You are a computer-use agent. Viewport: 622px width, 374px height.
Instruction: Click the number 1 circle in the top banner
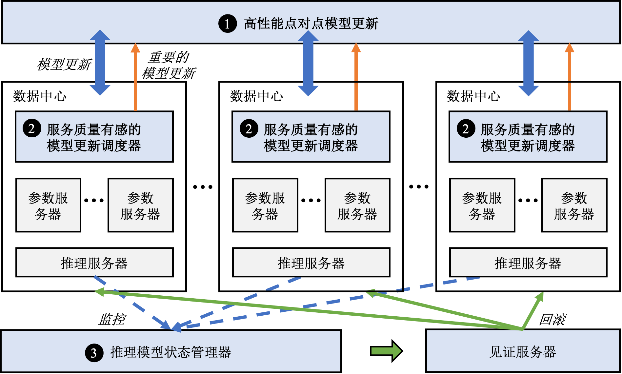[228, 24]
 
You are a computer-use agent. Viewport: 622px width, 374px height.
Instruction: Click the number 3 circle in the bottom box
[94, 353]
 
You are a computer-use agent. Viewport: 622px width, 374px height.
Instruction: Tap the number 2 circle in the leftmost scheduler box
[32, 128]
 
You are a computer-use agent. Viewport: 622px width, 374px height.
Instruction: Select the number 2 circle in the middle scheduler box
[249, 128]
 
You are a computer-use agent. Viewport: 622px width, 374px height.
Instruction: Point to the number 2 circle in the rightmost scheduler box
[466, 128]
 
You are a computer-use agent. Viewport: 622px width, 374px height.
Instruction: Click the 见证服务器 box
[523, 351]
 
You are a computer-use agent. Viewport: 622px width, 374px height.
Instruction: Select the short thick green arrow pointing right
[386, 351]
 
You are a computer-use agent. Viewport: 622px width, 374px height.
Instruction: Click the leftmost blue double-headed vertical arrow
[100, 62]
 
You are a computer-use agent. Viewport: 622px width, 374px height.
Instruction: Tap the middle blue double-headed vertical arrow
[308, 63]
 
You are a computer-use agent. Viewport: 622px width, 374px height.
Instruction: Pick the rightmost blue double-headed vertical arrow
[528, 63]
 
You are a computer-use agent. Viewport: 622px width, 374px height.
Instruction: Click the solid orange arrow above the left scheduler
[135, 77]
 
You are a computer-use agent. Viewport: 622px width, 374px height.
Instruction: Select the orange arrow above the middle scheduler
[356, 77]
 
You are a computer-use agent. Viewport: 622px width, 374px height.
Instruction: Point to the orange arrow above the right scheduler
[570, 77]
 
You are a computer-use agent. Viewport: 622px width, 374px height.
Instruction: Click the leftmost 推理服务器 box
[94, 263]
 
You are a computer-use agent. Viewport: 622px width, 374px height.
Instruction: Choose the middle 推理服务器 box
[311, 263]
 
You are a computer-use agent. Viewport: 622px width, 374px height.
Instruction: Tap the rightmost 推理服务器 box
[528, 263]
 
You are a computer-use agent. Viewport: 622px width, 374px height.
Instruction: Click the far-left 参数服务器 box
[48, 205]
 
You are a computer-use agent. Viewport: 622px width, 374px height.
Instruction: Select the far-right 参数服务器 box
[574, 205]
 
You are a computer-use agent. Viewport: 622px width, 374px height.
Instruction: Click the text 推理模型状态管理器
[171, 352]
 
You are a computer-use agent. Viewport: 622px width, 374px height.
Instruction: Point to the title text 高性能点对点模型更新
[311, 24]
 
